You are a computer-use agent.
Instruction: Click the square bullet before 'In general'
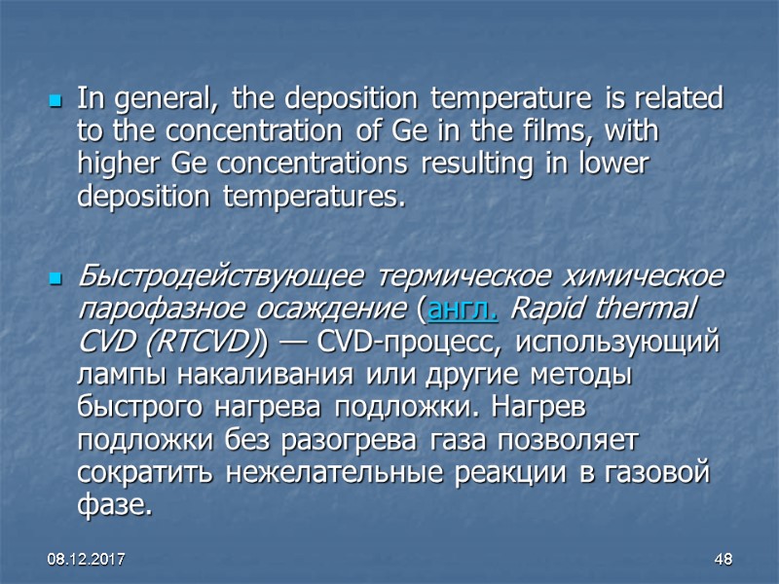(56, 101)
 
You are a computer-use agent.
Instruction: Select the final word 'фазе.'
(114, 506)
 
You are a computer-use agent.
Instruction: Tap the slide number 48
(723, 562)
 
